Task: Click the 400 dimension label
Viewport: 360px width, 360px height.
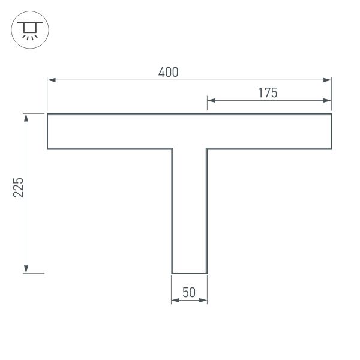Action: coord(169,73)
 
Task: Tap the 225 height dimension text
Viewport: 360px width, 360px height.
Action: coord(19,189)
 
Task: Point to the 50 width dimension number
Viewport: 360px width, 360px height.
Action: coord(189,293)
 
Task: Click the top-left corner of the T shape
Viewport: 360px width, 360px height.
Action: coord(48,114)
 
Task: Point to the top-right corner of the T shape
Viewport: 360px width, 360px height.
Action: coord(331,114)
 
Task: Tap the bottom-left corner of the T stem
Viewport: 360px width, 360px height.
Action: coord(172,274)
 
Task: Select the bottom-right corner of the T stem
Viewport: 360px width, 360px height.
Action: coord(207,274)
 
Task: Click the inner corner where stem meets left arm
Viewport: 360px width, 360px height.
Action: coord(172,149)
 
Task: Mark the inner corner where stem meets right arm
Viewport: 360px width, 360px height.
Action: coord(207,149)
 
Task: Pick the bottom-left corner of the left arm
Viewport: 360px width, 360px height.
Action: coord(48,149)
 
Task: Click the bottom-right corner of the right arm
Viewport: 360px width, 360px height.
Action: coord(331,149)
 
